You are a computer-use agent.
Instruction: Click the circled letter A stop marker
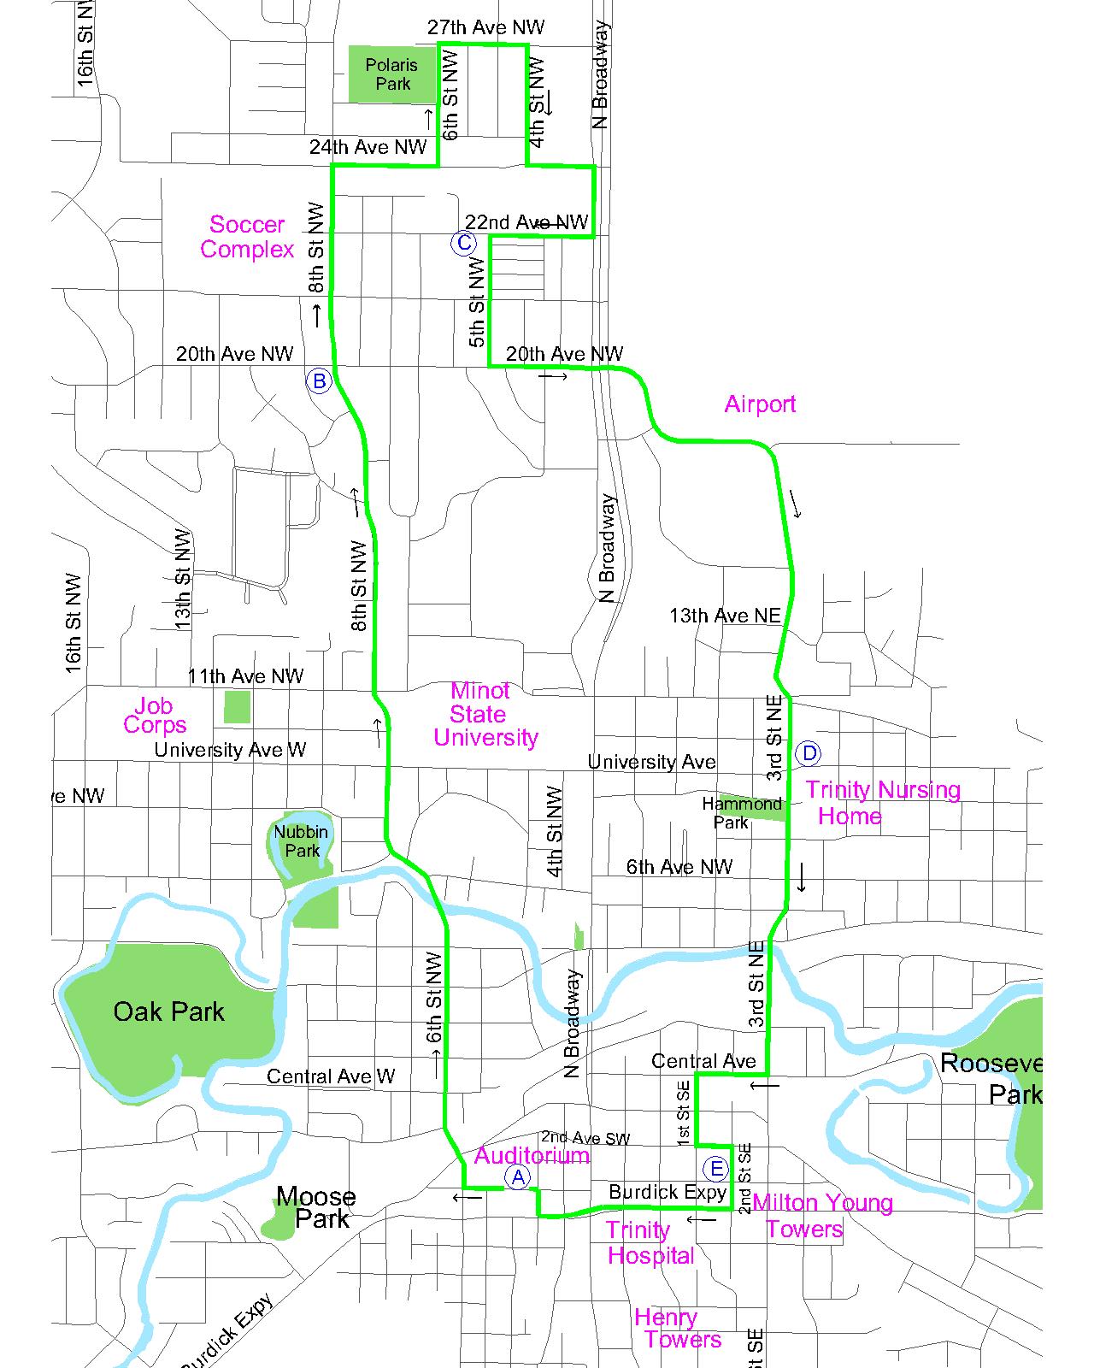point(517,1177)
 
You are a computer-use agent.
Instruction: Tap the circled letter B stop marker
point(319,380)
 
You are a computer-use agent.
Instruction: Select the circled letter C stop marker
point(463,243)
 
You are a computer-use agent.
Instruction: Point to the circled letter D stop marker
point(808,753)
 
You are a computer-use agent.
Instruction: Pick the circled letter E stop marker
point(716,1169)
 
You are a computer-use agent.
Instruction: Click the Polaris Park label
point(392,74)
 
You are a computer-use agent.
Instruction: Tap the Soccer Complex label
point(247,237)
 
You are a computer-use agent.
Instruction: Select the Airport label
point(760,404)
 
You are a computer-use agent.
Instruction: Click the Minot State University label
point(485,714)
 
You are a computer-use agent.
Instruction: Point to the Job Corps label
point(155,716)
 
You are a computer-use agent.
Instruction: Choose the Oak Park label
point(168,1011)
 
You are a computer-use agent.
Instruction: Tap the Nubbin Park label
point(301,840)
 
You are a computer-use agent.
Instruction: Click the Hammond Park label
point(741,813)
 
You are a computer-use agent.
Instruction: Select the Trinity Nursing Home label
point(882,802)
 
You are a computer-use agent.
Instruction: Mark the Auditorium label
point(532,1156)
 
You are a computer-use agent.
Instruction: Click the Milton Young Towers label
point(821,1216)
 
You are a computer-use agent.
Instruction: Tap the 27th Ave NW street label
point(485,28)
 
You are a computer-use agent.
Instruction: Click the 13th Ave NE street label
point(725,616)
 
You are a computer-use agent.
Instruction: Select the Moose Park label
point(316,1207)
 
